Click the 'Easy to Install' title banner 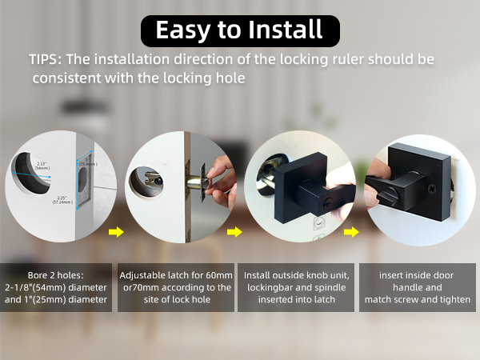click(239, 30)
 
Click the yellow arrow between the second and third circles click(234, 233)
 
